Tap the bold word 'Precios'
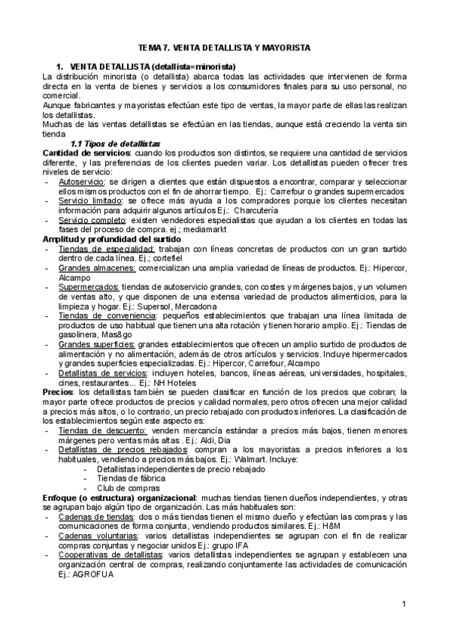(58, 393)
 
